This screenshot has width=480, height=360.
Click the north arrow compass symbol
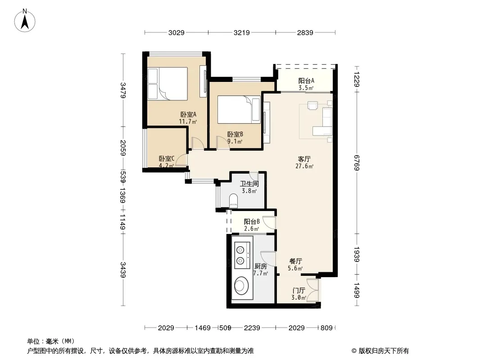[x=25, y=21]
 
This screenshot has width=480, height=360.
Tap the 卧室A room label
[x=188, y=118]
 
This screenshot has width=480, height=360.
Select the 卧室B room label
[x=235, y=138]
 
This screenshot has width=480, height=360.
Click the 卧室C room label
[x=167, y=162]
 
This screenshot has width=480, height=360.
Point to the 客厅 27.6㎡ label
[x=304, y=162]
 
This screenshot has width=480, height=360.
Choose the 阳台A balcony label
[x=306, y=85]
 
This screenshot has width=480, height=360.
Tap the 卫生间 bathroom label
[x=249, y=187]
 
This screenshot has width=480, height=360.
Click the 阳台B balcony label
[x=252, y=225]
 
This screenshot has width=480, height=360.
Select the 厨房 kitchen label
[x=261, y=270]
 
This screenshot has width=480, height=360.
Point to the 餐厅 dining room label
[x=295, y=265]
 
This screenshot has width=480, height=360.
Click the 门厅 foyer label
[x=299, y=294]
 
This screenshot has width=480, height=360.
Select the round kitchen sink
[x=242, y=286]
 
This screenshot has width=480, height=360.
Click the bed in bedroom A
[x=168, y=84]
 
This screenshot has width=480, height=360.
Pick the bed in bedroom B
[x=239, y=109]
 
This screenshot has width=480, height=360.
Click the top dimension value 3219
[x=242, y=32]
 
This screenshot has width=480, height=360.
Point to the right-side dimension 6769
[x=356, y=163]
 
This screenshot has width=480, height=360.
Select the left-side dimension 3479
[x=123, y=90]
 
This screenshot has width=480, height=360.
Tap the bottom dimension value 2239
[x=252, y=328]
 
